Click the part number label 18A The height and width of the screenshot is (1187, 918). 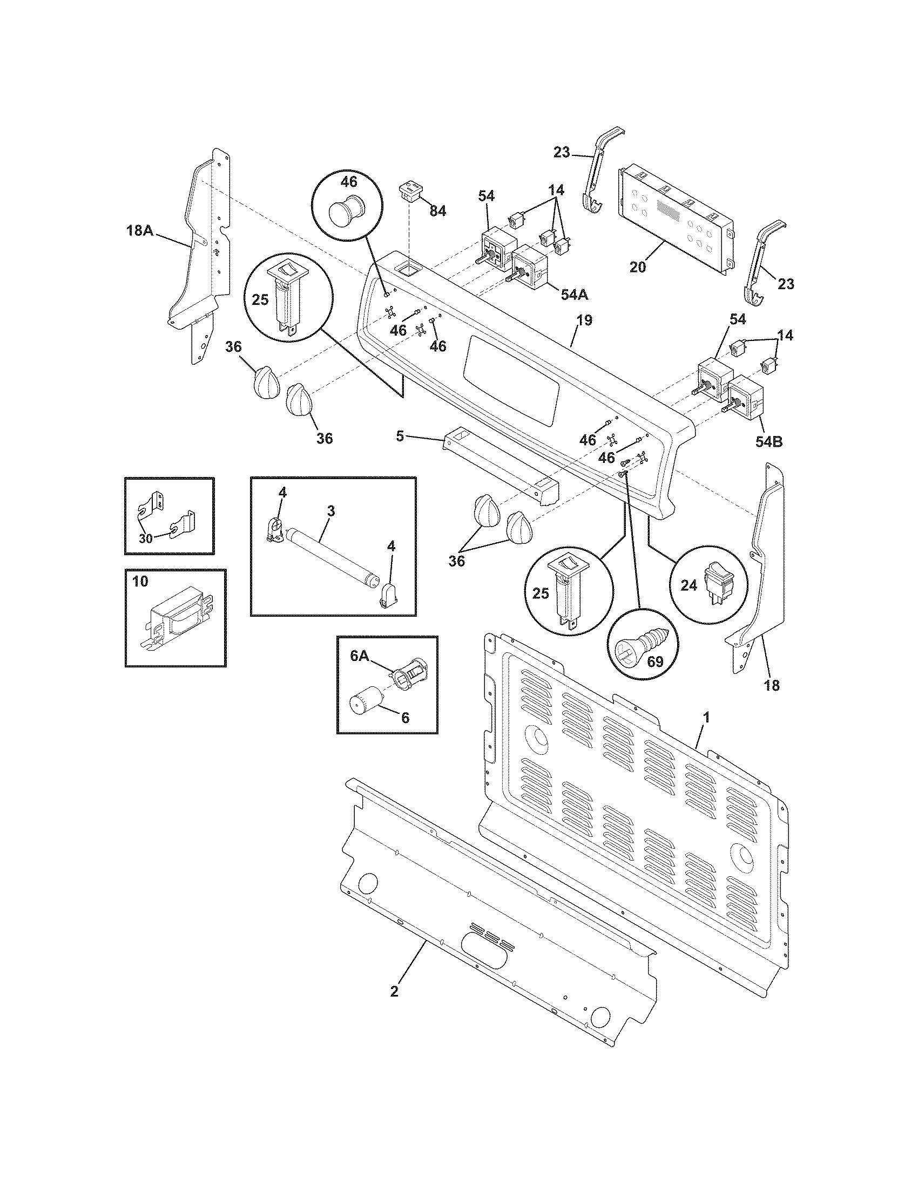click(x=139, y=230)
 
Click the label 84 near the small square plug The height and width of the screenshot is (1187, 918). click(x=437, y=212)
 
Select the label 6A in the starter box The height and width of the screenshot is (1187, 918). click(x=360, y=656)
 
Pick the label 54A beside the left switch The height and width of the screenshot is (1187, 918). click(x=575, y=295)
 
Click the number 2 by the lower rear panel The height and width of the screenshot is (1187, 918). click(x=394, y=991)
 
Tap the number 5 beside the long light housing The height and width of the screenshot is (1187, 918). click(x=400, y=436)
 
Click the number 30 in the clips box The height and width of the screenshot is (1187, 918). click(x=146, y=538)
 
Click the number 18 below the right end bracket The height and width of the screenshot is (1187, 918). click(x=772, y=685)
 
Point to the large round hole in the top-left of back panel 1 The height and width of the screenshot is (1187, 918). click(x=539, y=738)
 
